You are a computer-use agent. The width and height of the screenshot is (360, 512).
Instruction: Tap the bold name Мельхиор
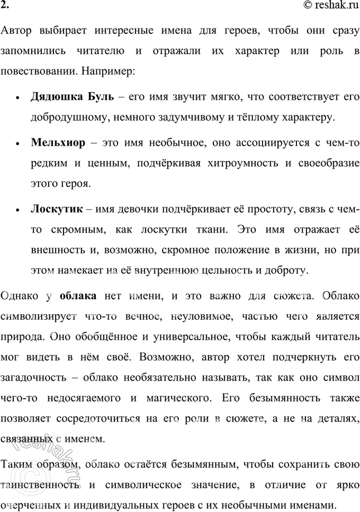click(x=59, y=143)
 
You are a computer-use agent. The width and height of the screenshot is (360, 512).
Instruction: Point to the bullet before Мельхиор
click(x=19, y=144)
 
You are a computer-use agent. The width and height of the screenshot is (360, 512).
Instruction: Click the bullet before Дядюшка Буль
click(x=19, y=98)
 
